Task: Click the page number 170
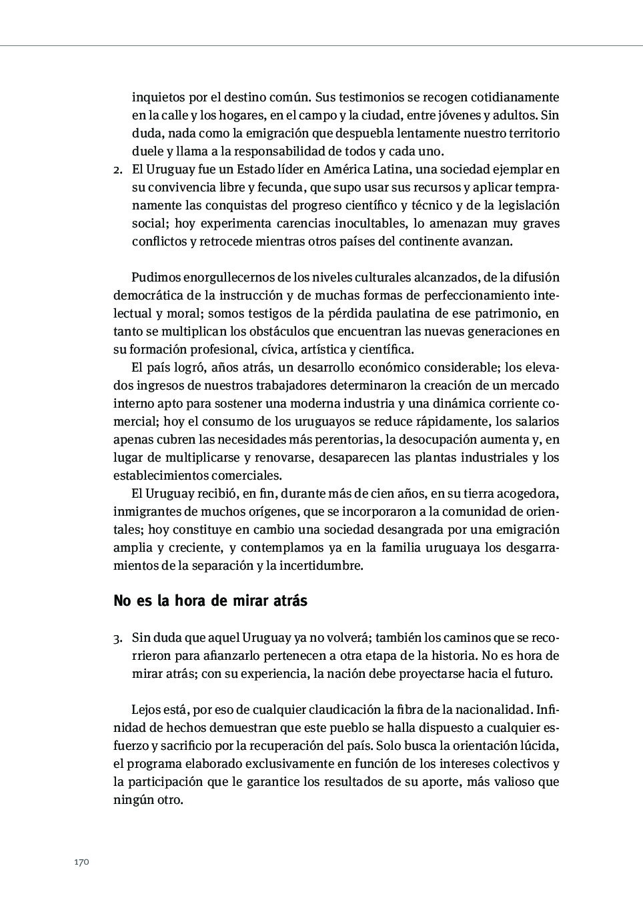tap(81, 862)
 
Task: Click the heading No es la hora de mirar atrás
tap(210, 600)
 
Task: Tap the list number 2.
tap(117, 169)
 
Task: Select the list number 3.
tap(117, 638)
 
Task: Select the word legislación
tap(522, 205)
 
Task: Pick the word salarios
tap(537, 422)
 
